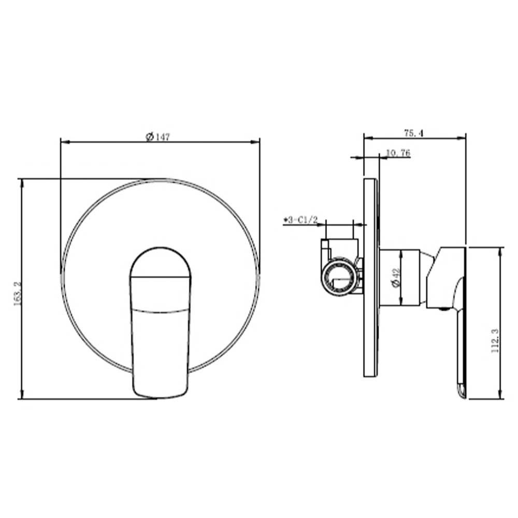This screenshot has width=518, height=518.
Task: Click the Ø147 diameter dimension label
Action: pyautogui.click(x=157, y=136)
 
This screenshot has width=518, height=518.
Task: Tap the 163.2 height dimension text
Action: pyautogui.click(x=17, y=293)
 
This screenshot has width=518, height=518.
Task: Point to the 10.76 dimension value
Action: pyautogui.click(x=398, y=153)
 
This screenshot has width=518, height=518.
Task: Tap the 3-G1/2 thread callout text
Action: pyautogui.click(x=300, y=220)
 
